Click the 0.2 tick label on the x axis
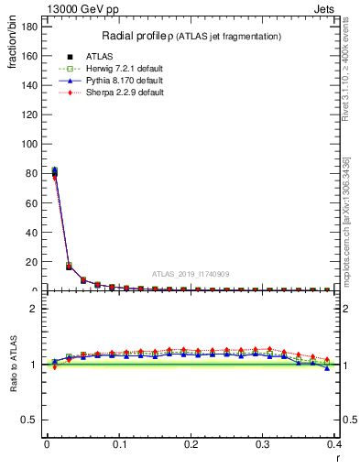[191, 443]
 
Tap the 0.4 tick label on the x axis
[334, 443]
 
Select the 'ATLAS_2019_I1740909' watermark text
[190, 273]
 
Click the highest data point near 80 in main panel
[54, 169]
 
